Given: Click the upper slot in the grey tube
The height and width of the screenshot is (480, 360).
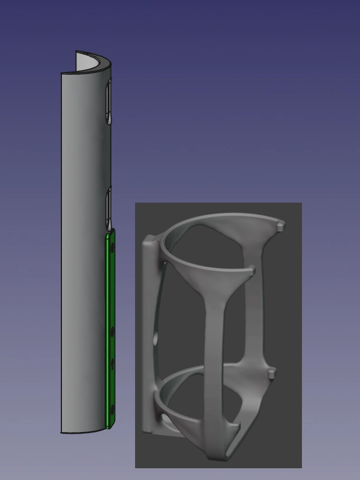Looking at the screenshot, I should pos(109,100).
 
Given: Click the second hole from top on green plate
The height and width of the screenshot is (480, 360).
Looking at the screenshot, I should pos(112,332).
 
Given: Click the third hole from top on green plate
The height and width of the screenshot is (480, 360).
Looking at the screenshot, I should pos(112,364).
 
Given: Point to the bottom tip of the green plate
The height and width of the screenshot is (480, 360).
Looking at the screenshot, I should pos(110,428).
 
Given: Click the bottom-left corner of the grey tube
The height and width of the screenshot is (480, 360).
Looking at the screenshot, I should pos(61,431).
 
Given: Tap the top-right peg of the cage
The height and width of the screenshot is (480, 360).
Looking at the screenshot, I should pos(281,225).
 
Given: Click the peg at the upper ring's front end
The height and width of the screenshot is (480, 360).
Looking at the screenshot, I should pos(251,271).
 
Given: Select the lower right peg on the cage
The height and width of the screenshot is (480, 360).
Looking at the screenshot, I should pos(271,373).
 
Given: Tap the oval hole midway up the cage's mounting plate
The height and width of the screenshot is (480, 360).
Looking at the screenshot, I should pos(156,338).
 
